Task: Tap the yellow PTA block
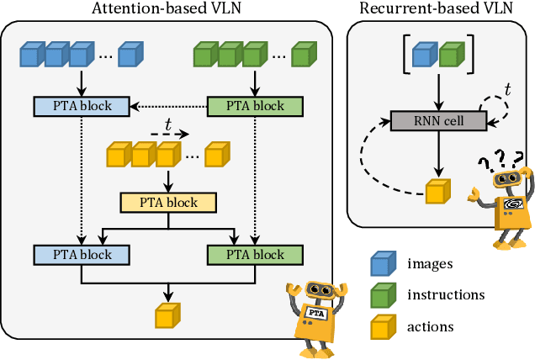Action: point(169,203)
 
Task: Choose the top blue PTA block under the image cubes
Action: point(81,106)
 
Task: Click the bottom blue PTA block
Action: point(81,254)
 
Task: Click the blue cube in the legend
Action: point(383,264)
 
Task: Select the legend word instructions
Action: point(446,294)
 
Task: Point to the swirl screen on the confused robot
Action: point(511,205)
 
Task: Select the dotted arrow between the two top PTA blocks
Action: point(169,106)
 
